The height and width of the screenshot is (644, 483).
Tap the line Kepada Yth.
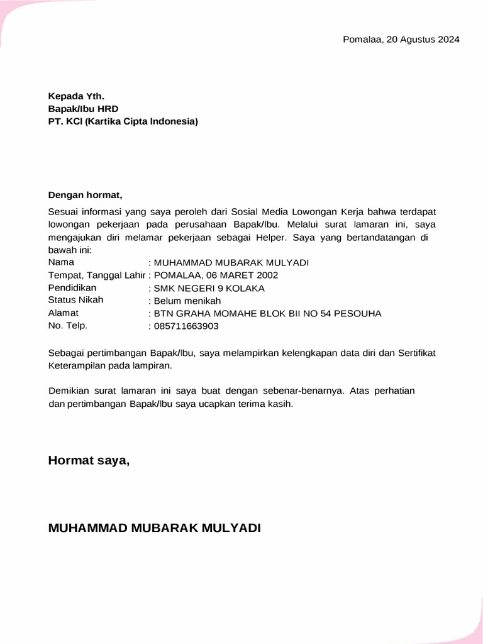pyautogui.click(x=76, y=96)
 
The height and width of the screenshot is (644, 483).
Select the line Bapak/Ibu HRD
pyautogui.click(x=83, y=109)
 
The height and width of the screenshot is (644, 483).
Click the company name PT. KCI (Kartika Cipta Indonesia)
pyautogui.click(x=123, y=121)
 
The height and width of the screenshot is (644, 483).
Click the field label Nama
pyautogui.click(x=61, y=262)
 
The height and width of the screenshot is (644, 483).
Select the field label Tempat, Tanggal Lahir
pyautogui.click(x=97, y=275)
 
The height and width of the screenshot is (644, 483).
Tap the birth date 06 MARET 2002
pyautogui.click(x=243, y=275)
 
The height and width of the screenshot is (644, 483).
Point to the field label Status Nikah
pyautogui.click(x=75, y=300)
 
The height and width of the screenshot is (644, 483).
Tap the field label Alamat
pyautogui.click(x=63, y=313)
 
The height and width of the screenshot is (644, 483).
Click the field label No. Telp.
pyautogui.click(x=68, y=326)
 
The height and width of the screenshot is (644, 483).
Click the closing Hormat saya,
pyautogui.click(x=89, y=461)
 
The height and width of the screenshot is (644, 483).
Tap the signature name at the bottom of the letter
pyautogui.click(x=154, y=528)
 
